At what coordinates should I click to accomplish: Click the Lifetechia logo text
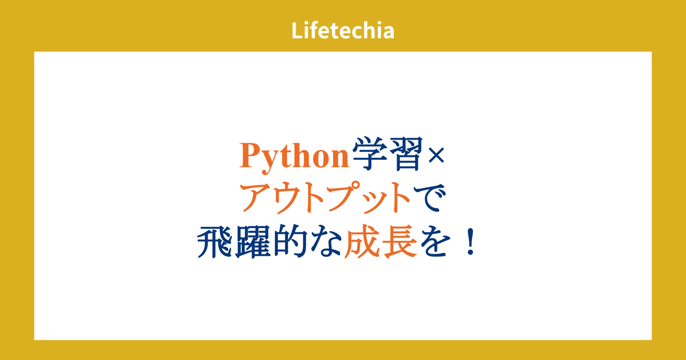[343, 30]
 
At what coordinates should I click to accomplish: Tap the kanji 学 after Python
[370, 154]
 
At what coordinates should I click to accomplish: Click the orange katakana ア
[257, 197]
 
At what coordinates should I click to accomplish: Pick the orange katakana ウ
[292, 197]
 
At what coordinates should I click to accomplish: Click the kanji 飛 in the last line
[215, 242]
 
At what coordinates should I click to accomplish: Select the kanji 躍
[253, 242]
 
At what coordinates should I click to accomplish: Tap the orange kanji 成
[363, 242]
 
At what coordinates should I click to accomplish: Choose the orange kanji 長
[399, 242]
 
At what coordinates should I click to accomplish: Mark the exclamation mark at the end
[470, 242]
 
